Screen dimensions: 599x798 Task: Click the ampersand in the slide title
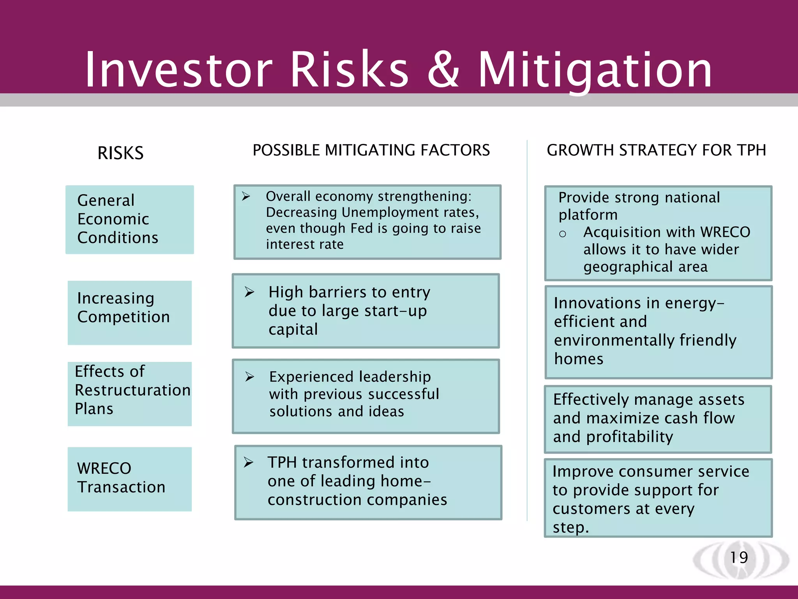coord(443,70)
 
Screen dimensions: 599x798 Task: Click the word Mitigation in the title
coord(595,70)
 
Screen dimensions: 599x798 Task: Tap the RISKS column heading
coord(120,153)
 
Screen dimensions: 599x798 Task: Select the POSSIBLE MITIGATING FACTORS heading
coord(371,150)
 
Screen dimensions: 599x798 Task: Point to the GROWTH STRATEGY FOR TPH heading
coord(656,150)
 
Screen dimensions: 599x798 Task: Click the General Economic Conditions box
coord(129,220)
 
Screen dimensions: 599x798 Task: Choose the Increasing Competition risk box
coord(129,312)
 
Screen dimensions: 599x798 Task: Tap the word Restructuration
coord(132,390)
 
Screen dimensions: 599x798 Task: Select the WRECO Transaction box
coord(129,478)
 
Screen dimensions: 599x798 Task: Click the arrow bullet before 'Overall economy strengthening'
coord(246,196)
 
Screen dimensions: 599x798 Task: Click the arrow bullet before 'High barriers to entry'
coord(249,292)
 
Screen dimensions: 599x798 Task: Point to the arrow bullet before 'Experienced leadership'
coord(250,377)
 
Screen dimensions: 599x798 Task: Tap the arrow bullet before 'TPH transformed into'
coord(249,463)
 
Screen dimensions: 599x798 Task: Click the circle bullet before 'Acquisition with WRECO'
coord(562,234)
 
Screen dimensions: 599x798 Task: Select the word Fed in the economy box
coord(362,228)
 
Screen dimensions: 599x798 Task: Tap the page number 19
coord(739,557)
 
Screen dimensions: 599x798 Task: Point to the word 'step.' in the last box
coord(570,527)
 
